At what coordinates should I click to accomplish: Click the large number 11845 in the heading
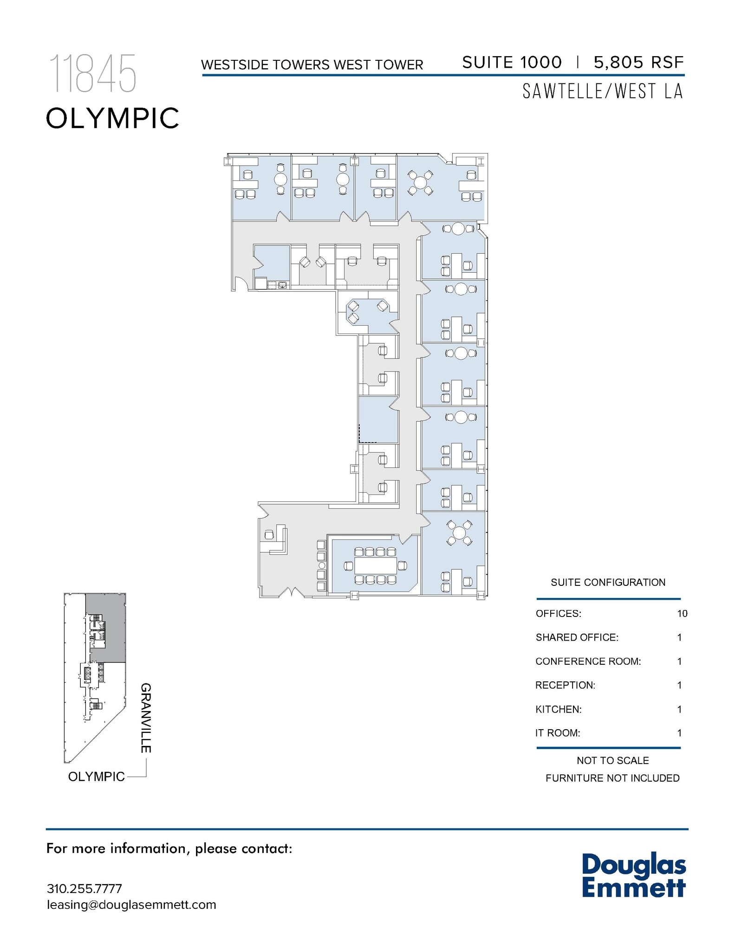pos(93,74)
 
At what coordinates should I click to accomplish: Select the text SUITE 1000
pos(512,62)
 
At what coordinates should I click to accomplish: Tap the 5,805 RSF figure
pos(638,62)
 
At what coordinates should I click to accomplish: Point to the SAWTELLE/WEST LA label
pos(603,91)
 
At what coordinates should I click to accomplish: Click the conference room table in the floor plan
pos(376,565)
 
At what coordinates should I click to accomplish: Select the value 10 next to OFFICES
pos(682,614)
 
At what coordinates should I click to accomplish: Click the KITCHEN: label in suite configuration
pos(558,709)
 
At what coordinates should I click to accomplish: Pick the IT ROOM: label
pos(558,733)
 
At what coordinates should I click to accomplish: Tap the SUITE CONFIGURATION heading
pos(608,583)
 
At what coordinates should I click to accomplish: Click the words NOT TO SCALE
pos(612,761)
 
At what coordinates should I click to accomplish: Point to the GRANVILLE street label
pos(146,718)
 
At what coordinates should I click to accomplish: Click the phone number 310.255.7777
pos(85,889)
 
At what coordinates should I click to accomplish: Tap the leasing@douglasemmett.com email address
pos(131,905)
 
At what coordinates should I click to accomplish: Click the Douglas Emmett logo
pos(633,875)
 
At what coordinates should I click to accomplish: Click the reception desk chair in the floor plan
pos(269,535)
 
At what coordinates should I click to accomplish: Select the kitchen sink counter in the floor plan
pos(277,284)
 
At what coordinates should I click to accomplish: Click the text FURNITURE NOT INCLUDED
pos(612,778)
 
